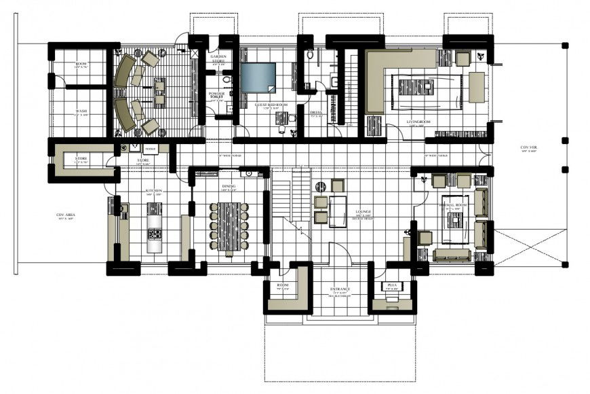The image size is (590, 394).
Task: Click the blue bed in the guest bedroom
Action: [258, 77]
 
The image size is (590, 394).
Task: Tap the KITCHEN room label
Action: [154, 192]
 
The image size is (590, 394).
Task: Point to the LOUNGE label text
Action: [362, 212]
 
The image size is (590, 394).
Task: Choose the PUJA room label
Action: [391, 285]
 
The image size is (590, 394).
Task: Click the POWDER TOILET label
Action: [217, 95]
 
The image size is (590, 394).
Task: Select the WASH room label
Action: [81, 111]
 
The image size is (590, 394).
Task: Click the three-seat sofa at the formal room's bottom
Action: [452, 254]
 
